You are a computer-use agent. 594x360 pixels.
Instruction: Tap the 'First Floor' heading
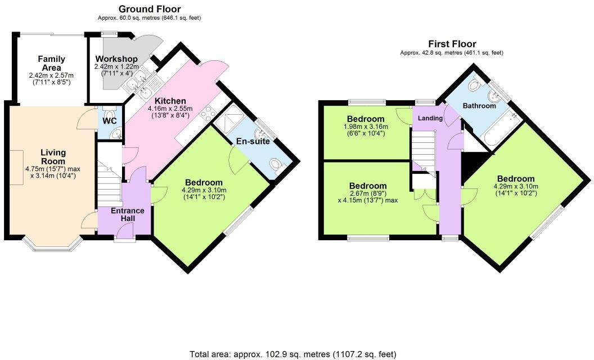tap(452, 44)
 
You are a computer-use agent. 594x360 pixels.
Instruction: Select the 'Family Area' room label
tap(52, 63)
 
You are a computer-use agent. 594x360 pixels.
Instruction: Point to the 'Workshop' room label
tap(116, 59)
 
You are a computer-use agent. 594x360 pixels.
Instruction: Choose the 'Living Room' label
tap(53, 156)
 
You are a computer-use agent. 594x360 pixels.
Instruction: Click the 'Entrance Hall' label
tap(127, 214)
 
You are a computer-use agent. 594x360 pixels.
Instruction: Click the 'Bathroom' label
tap(479, 106)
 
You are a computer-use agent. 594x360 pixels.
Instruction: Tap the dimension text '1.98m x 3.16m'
tap(366, 127)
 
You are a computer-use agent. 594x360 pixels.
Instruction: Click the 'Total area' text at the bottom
tap(292, 354)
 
